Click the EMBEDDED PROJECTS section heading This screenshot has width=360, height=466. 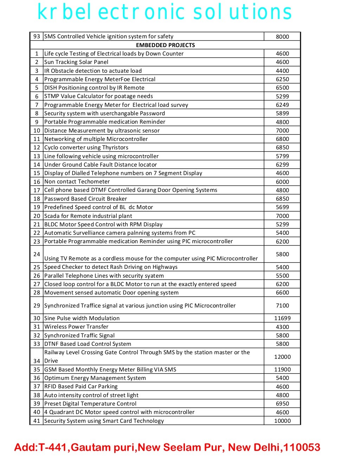[165, 45]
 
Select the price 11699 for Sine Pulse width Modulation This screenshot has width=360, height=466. [282, 318]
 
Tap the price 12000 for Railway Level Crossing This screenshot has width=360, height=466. [282, 357]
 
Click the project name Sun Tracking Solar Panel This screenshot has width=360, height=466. [76, 62]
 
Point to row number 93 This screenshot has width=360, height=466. [37, 36]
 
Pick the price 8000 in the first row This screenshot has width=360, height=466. [282, 37]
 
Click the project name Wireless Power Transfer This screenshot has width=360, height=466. [76, 326]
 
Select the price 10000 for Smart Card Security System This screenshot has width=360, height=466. [282, 421]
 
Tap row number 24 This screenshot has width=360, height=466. [37, 254]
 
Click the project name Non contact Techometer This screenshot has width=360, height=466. [77, 181]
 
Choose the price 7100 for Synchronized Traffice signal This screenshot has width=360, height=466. [282, 305]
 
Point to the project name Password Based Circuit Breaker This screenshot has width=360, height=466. [85, 199]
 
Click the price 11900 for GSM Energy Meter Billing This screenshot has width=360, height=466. [282, 369]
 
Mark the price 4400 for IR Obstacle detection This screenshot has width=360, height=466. [282, 71]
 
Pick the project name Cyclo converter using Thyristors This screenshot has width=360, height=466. [86, 147]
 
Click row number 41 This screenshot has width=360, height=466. [37, 421]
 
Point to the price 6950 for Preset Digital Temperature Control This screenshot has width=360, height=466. [282, 403]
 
